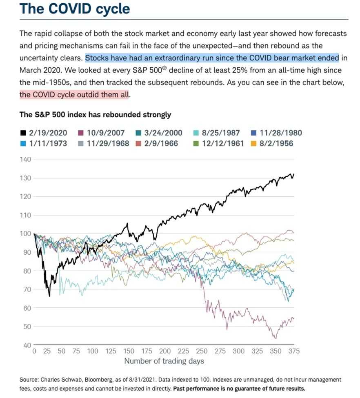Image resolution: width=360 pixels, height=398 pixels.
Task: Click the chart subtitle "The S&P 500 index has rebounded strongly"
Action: click(95, 115)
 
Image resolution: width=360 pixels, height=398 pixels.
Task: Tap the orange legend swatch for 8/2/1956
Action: click(253, 144)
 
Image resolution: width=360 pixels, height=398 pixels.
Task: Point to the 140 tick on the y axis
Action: click(25, 159)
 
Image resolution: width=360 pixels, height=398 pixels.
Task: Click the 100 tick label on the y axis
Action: click(25, 233)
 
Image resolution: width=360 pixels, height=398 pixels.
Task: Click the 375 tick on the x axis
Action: click(293, 351)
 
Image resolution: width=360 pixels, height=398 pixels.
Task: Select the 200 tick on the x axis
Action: click(165, 351)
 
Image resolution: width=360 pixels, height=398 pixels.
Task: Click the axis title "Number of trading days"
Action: click(164, 361)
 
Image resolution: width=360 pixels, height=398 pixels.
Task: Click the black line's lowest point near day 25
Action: click(49, 296)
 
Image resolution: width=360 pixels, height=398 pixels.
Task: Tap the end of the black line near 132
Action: click(293, 174)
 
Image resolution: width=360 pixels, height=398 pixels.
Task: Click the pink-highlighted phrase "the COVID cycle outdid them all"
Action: click(75, 95)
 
